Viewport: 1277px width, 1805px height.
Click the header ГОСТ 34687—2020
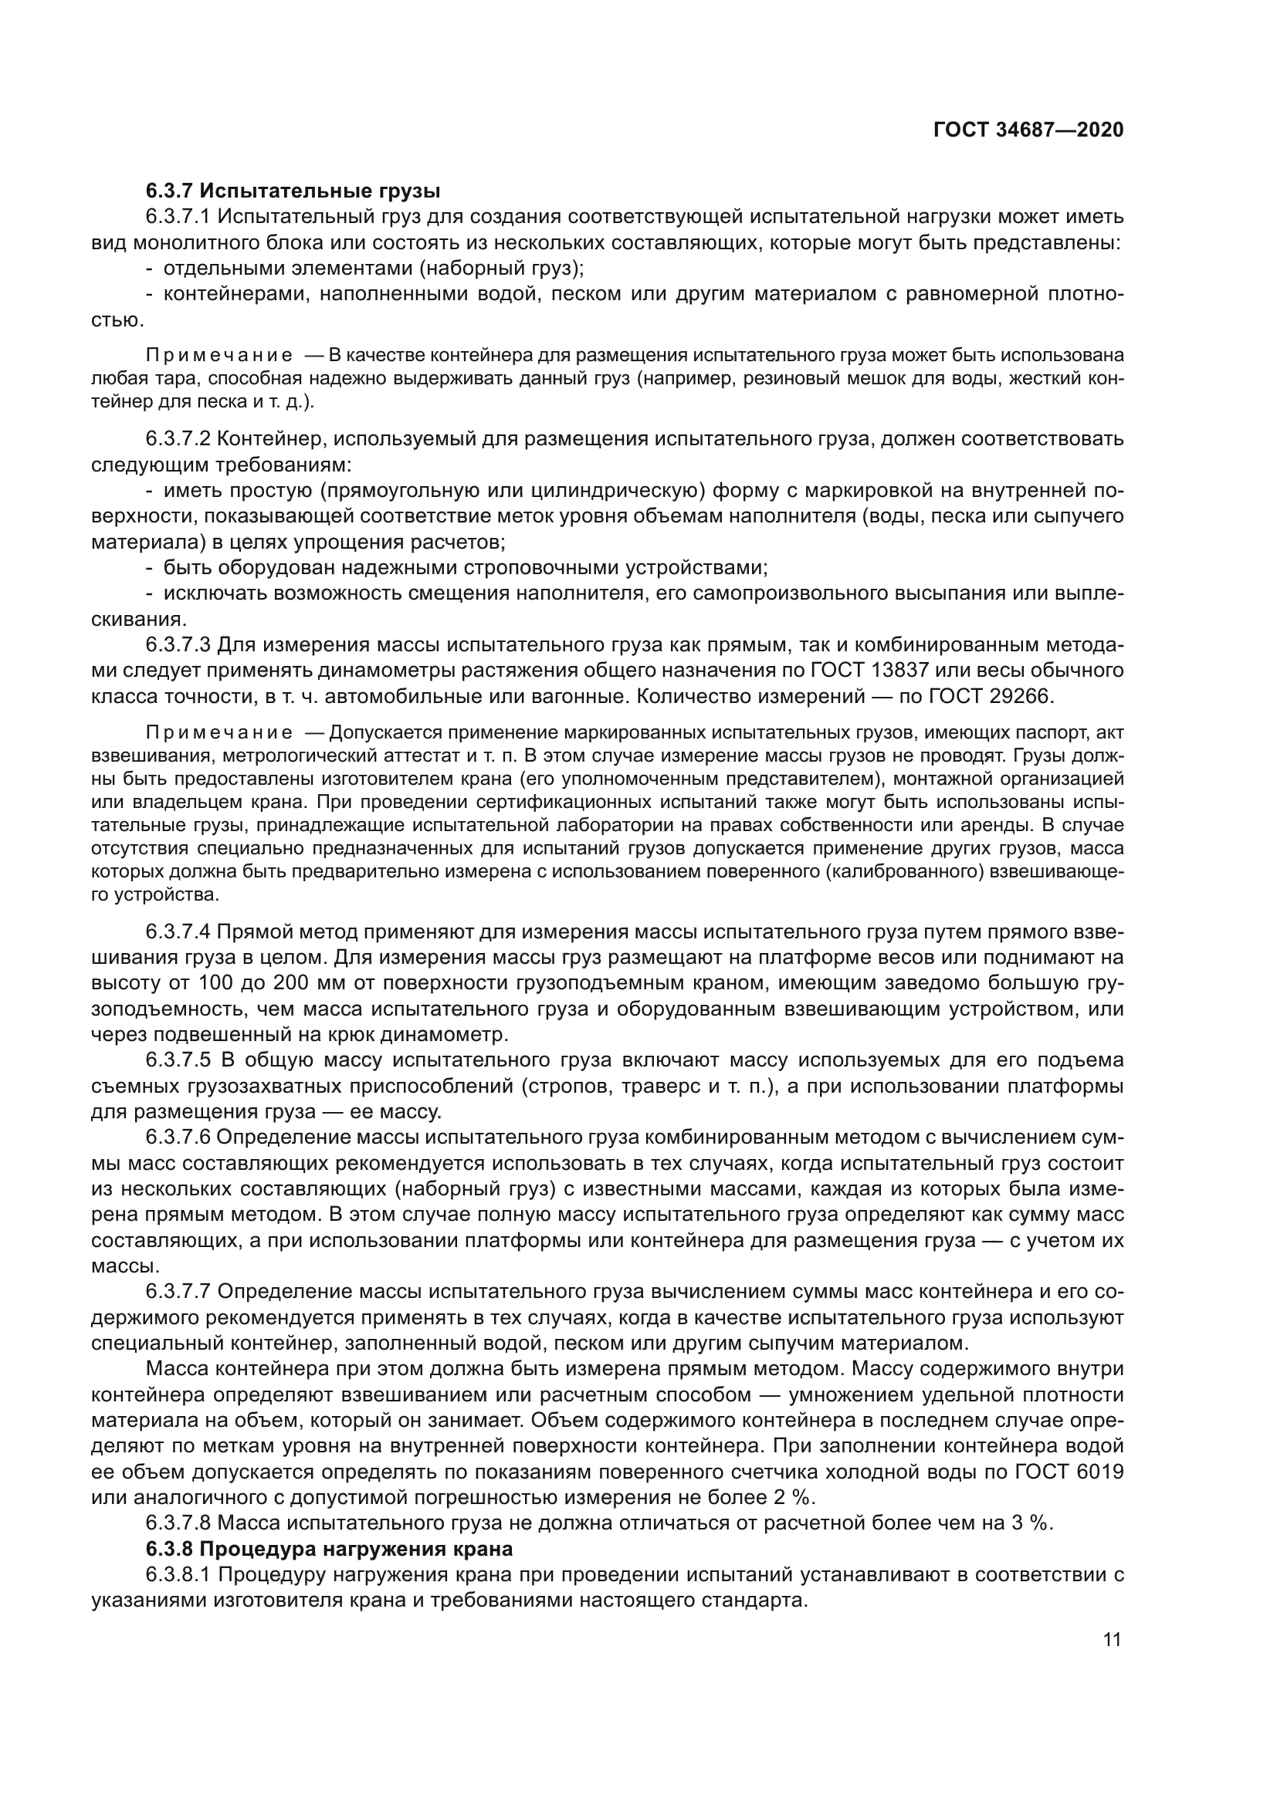point(1028,130)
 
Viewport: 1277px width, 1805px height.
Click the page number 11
point(1112,1640)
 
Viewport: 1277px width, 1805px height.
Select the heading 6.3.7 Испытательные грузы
point(293,191)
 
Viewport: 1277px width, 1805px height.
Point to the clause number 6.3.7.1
point(178,216)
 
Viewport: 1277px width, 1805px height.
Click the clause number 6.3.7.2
point(178,438)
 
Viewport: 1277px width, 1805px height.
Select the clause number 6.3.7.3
point(178,645)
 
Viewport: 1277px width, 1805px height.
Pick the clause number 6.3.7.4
point(178,931)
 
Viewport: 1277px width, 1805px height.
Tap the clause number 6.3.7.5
point(178,1060)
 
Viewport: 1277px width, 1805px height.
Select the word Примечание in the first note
point(219,356)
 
